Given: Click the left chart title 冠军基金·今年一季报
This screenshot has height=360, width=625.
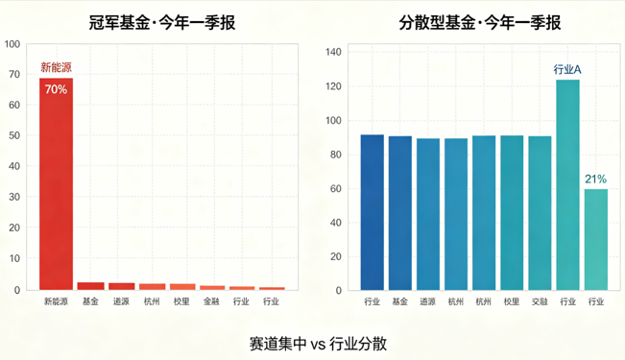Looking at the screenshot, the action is [162, 23].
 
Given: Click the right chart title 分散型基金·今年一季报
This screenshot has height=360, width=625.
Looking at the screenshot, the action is [479, 23].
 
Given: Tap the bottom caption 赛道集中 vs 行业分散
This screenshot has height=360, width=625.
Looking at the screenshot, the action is [318, 344].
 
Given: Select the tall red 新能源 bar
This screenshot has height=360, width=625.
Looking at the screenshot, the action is [57, 183].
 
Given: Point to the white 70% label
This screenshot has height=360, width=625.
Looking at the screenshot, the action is [56, 89].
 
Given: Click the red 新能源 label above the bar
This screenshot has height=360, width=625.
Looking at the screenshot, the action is [57, 67].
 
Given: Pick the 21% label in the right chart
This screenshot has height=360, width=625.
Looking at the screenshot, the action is [595, 180].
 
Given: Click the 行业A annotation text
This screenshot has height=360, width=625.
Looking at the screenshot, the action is [567, 70].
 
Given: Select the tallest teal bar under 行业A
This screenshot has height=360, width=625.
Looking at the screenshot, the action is [568, 185].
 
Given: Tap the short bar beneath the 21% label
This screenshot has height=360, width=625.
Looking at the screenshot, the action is [596, 240].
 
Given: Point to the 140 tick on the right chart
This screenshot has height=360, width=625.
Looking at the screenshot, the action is [333, 52].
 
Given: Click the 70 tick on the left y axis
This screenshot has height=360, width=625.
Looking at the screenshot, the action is [14, 74].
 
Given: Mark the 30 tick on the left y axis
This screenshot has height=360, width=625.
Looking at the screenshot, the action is [14, 197].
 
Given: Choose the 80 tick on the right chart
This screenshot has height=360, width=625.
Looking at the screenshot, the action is [336, 155].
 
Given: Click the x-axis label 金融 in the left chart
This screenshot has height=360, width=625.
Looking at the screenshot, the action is [211, 301].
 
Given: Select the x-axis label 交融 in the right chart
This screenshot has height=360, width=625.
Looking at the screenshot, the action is [540, 301].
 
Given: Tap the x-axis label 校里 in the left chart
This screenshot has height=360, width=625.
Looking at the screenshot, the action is [181, 301].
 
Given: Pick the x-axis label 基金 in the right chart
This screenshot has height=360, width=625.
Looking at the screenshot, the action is [399, 301].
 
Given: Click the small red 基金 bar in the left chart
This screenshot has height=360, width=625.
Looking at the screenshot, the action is [91, 286].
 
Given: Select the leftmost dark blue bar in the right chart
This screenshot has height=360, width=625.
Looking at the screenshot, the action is [373, 212].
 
